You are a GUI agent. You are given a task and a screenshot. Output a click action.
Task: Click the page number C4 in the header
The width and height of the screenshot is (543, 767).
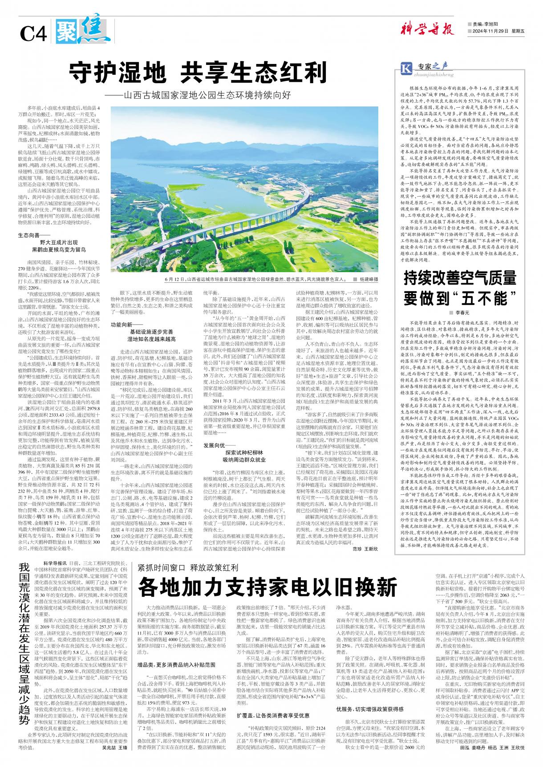pos(33,34)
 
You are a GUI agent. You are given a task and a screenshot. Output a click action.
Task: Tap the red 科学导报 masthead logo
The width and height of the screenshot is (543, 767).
pos(426,29)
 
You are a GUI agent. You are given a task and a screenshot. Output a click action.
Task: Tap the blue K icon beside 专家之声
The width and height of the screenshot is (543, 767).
pos(406,68)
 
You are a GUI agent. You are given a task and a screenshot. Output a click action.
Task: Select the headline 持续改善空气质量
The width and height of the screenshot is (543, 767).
pos(460,278)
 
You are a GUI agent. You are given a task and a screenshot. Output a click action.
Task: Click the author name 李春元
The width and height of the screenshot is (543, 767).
pos(462,313)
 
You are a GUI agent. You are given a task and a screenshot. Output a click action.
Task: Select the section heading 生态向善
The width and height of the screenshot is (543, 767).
pos(28,235)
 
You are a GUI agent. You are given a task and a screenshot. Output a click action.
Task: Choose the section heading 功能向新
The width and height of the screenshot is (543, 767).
pos(121,325)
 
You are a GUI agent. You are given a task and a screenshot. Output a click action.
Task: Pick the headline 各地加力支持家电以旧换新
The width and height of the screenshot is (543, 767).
pos(267,587)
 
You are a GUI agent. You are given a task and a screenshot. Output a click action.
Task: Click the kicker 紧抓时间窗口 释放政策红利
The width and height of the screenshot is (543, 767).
pos(188,568)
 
